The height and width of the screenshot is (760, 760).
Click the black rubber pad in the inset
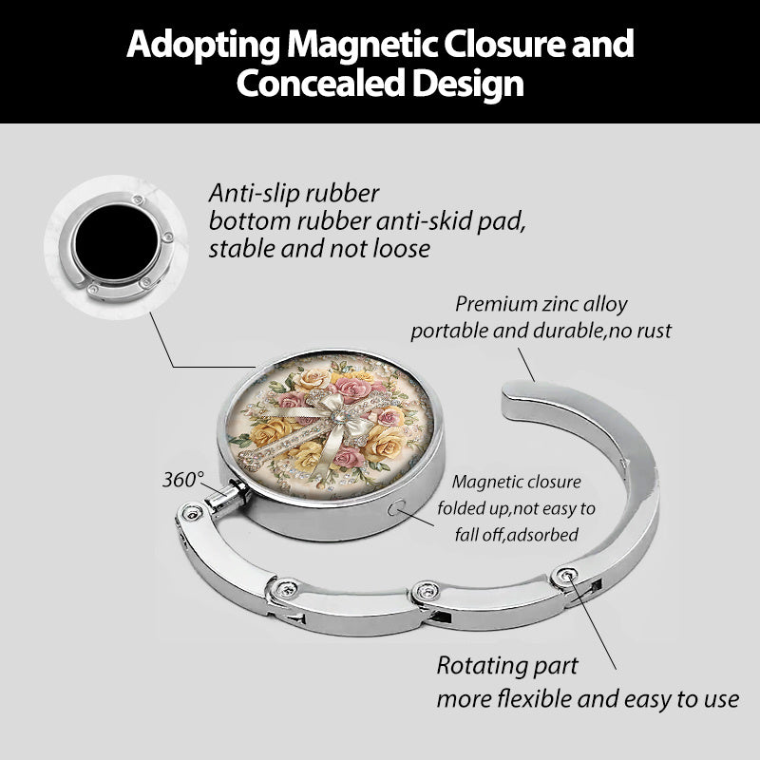tap(116, 241)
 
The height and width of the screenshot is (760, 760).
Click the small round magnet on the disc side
tap(397, 508)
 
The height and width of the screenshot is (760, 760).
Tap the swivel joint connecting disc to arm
tap(227, 494)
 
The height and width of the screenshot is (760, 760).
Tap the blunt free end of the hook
tap(515, 395)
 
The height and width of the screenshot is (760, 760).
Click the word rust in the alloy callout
tap(655, 331)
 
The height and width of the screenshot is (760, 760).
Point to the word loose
tap(401, 249)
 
